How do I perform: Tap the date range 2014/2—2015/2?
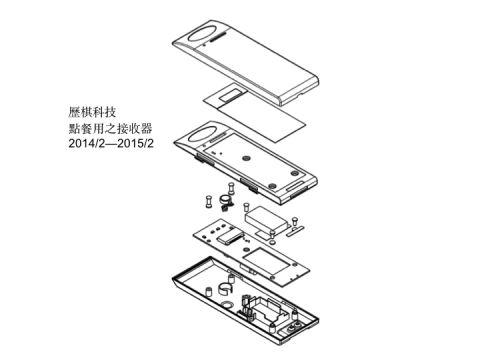coord(110,147)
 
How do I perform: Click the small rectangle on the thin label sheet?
coord(229,94)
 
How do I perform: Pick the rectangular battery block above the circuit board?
coord(266,215)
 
